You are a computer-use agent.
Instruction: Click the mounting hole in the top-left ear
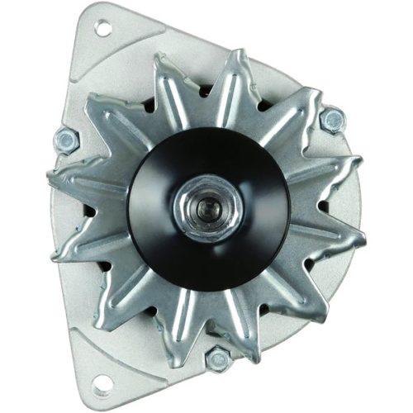coord(102,29)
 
